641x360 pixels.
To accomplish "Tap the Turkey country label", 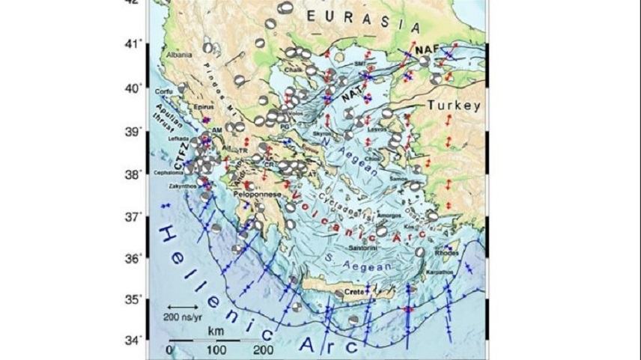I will point(454,106).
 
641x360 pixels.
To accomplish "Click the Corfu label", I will point(164,91).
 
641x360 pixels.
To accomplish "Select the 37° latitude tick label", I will point(133,217).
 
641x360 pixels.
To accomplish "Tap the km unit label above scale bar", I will point(216,330).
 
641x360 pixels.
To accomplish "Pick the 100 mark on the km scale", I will point(216,350).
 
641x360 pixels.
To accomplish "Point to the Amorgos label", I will point(390,214).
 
